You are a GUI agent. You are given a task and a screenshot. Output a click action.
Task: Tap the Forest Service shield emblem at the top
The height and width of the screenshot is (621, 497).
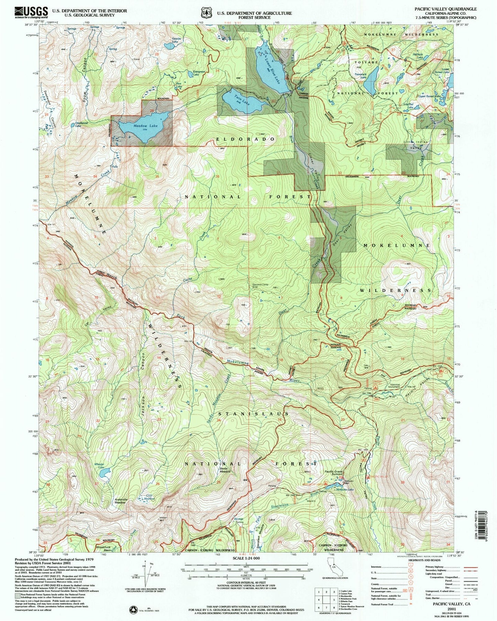point(206,13)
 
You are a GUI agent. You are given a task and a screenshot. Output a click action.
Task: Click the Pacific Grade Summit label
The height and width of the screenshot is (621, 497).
point(333,474)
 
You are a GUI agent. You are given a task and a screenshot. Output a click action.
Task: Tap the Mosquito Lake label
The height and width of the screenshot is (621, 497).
point(346,489)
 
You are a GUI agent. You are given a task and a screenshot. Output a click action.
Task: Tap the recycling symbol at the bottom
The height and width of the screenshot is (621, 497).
point(133,610)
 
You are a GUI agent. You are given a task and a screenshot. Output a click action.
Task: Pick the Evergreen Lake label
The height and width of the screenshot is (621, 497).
point(199,73)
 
